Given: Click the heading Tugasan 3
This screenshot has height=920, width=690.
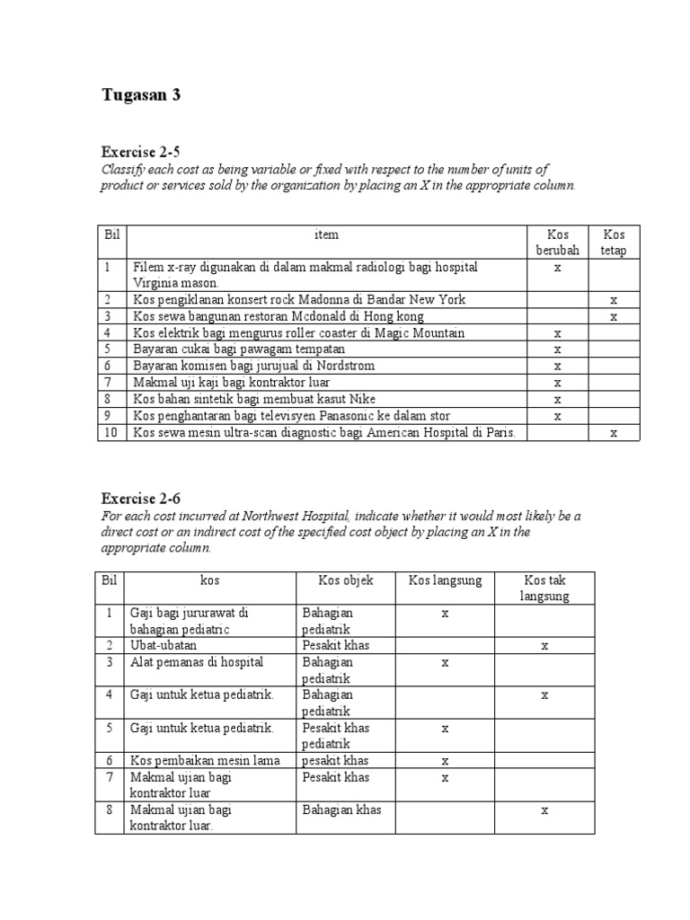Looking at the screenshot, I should [140, 95].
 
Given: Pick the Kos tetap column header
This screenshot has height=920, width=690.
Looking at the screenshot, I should [614, 243].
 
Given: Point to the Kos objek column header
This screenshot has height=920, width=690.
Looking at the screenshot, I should [346, 580].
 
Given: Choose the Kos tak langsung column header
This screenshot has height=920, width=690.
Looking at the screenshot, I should [544, 588].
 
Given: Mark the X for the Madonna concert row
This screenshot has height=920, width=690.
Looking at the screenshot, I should [614, 300].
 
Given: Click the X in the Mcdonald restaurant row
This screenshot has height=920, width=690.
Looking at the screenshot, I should [614, 316].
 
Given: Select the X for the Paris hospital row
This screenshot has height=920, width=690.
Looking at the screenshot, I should [614, 433].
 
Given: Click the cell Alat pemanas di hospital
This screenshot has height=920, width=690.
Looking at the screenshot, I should [196, 662].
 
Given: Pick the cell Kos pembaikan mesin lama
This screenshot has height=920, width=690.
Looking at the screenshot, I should [205, 761].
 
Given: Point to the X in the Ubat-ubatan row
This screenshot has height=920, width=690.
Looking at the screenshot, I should [544, 645].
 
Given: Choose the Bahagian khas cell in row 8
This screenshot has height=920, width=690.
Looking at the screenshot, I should [342, 809].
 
